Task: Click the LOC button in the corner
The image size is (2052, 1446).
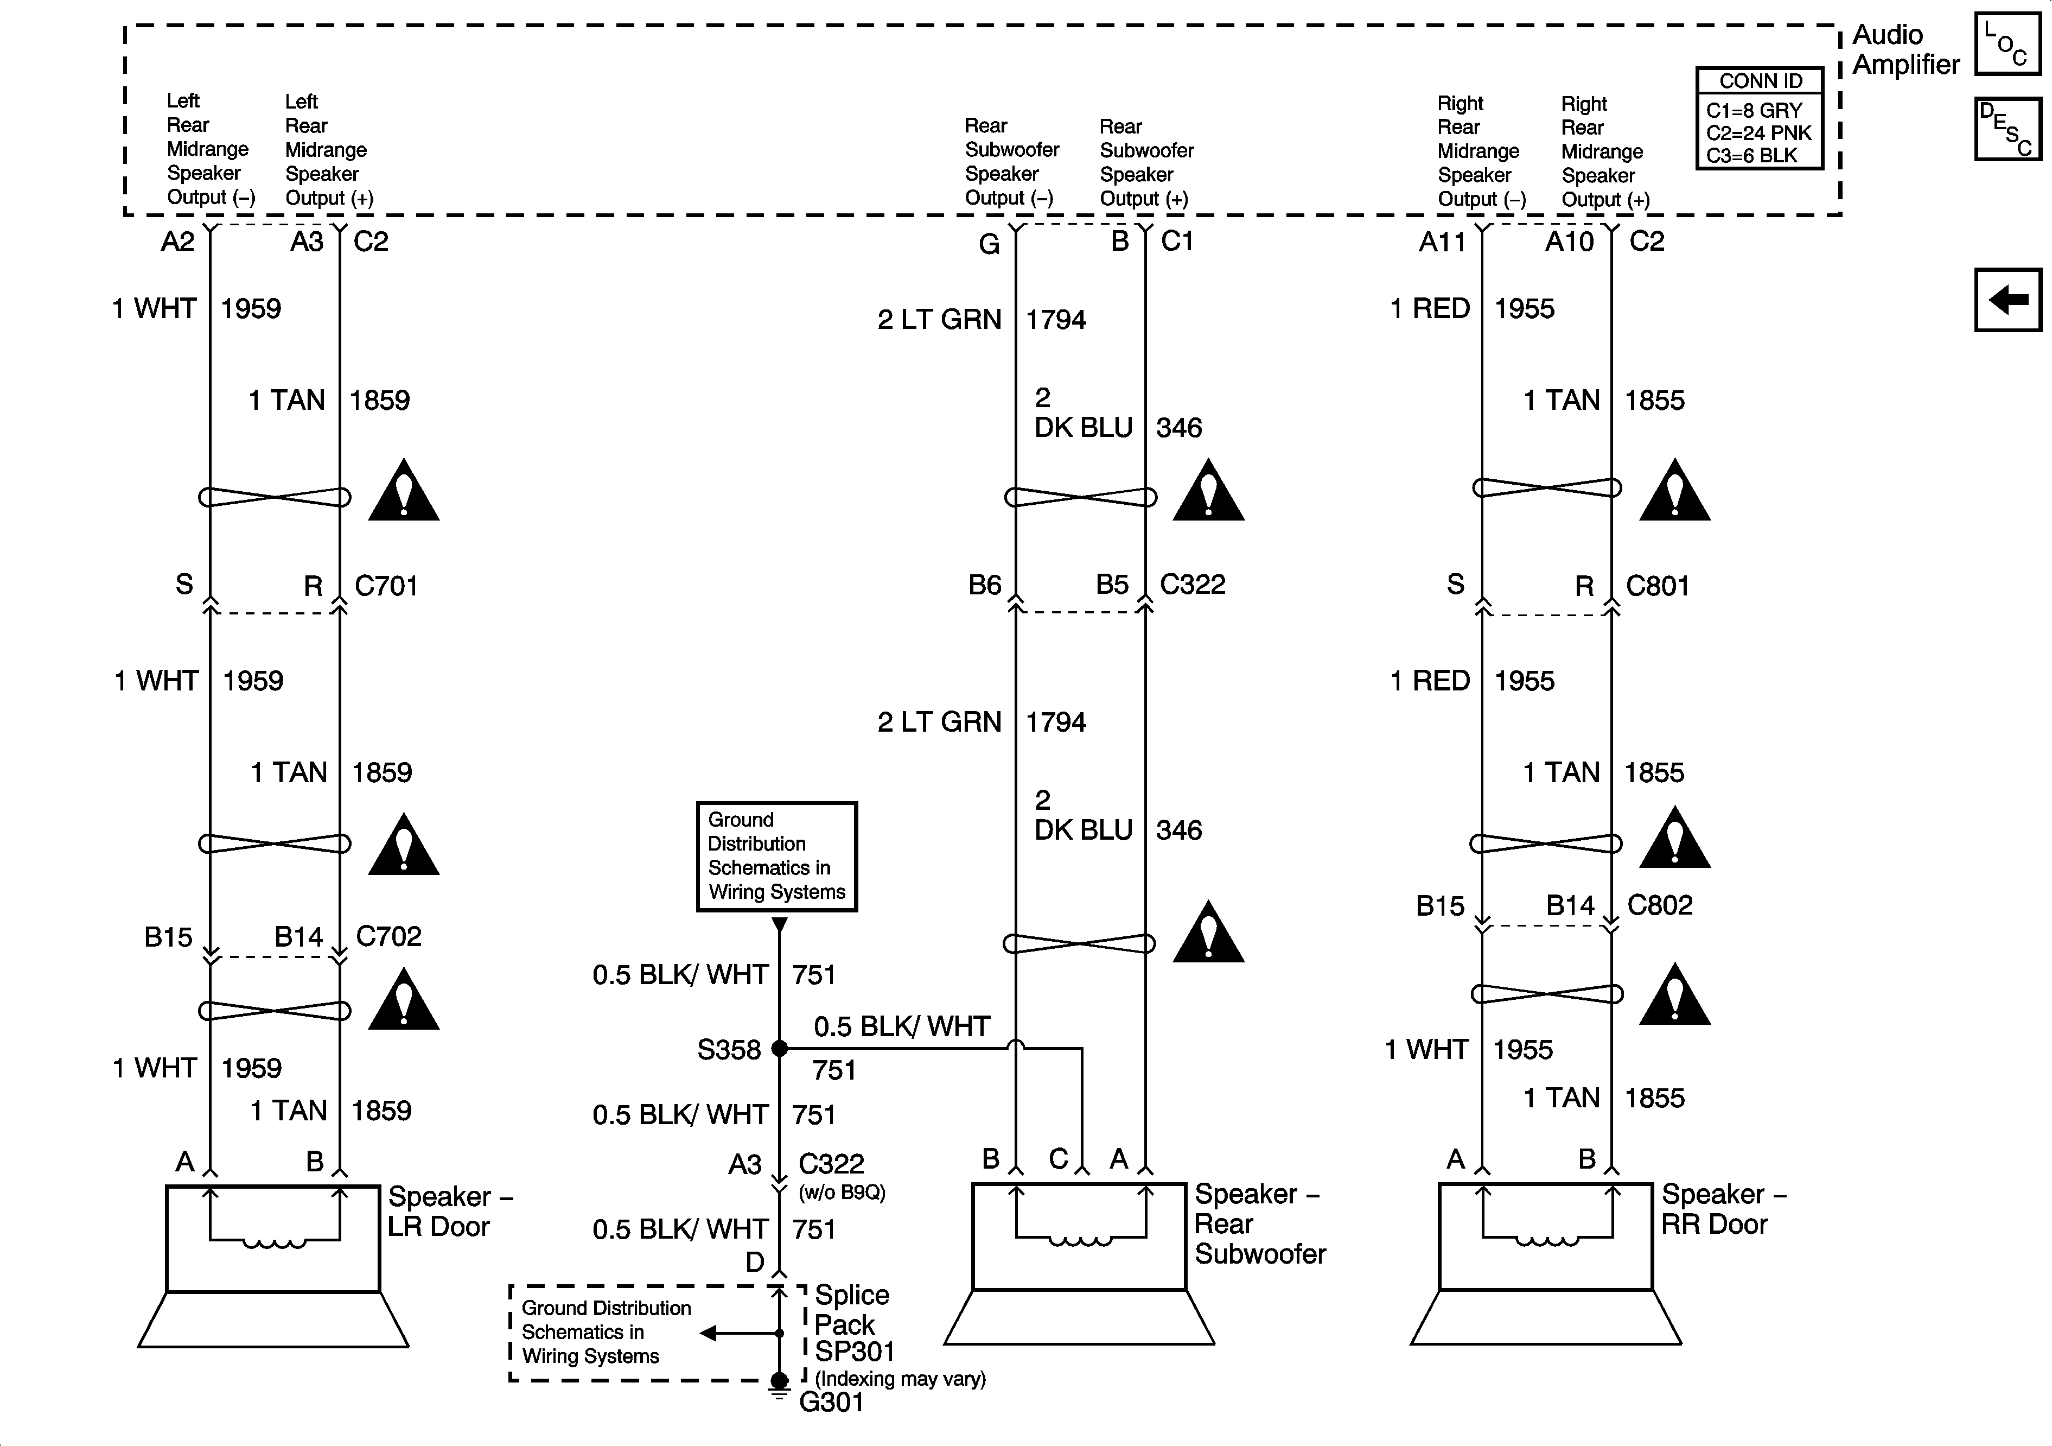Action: click(2008, 45)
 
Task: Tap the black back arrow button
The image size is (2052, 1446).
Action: click(2008, 300)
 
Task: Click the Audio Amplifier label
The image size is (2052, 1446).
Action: click(1906, 49)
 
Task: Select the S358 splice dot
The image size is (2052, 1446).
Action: click(779, 1048)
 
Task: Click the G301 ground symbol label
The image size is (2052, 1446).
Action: click(831, 1402)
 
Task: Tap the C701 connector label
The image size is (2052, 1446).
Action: click(386, 586)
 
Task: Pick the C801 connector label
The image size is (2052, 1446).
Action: click(1657, 586)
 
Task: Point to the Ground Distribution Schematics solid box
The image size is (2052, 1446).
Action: click(776, 856)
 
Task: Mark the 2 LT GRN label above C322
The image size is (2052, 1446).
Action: click(939, 319)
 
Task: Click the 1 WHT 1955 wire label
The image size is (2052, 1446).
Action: click(1468, 1049)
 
